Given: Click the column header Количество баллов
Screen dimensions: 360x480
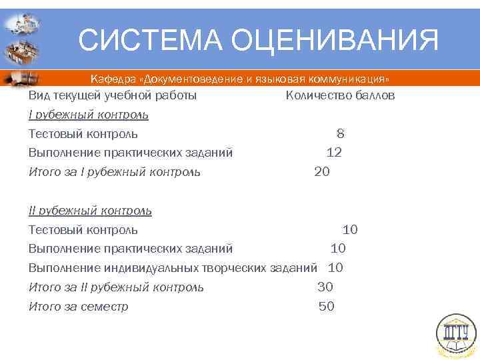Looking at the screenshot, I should tap(340, 95).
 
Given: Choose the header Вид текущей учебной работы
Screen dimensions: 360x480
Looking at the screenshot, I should tap(112, 95).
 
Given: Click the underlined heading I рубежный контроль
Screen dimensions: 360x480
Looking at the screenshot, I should tap(88, 115).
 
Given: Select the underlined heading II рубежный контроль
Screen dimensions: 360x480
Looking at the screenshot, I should tap(90, 211).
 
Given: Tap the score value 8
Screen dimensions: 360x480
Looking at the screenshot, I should tap(340, 134).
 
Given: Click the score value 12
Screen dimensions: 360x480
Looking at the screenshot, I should tap(334, 153).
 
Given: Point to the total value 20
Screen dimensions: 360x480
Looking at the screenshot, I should tap(321, 172).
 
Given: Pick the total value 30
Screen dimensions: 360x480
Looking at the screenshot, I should tap(325, 287).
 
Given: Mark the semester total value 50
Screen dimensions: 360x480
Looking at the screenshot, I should tap(327, 307).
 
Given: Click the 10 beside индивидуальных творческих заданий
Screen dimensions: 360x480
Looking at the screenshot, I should tap(335, 268).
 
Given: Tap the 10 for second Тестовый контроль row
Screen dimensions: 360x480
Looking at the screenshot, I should tap(350, 230).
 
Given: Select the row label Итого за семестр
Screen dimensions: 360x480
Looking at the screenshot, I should tap(78, 307).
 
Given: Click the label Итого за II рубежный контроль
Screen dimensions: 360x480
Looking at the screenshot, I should tap(116, 287).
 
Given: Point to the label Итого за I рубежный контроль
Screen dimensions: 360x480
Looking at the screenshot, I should tap(114, 172).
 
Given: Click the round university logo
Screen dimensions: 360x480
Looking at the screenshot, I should tap(456, 334).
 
